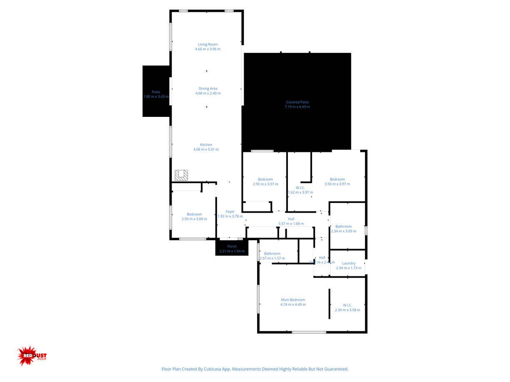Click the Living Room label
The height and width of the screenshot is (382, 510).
pyautogui.click(x=207, y=45)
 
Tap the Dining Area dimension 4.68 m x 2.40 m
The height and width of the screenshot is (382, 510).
pyautogui.click(x=207, y=93)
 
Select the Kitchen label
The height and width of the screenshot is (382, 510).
pyautogui.click(x=206, y=145)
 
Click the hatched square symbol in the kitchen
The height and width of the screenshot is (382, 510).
pyautogui.click(x=181, y=175)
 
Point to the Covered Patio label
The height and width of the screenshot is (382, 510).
pyautogui.click(x=297, y=102)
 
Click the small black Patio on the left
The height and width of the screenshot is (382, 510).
pyautogui.click(x=156, y=92)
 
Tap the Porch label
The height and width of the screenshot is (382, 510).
pyautogui.click(x=232, y=246)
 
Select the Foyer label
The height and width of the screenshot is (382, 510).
pyautogui.click(x=230, y=212)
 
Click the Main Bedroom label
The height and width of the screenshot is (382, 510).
pyautogui.click(x=293, y=300)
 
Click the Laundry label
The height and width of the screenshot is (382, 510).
pyautogui.click(x=349, y=263)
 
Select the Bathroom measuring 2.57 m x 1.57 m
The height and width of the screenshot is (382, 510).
pyautogui.click(x=272, y=253)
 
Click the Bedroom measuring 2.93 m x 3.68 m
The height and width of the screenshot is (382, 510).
pyautogui.click(x=194, y=214)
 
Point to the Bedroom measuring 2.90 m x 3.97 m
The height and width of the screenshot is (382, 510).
pyautogui.click(x=265, y=179)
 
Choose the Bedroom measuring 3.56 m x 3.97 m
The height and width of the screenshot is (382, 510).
pyautogui.click(x=337, y=179)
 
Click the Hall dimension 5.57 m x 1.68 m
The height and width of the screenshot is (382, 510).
pyautogui.click(x=291, y=224)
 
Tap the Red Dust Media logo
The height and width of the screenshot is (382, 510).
pyautogui.click(x=32, y=356)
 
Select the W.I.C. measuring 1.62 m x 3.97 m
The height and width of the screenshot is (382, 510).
pyautogui.click(x=300, y=188)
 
